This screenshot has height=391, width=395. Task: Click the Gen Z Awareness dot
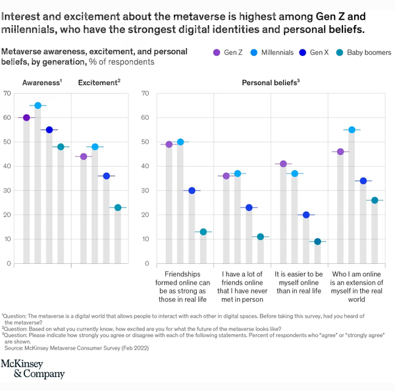coord(26,117)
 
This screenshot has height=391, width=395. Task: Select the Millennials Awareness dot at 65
coord(38,105)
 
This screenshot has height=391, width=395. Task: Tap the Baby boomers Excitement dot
coord(118,208)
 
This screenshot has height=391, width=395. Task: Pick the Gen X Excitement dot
coord(106,176)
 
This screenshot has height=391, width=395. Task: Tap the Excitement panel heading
coord(99,82)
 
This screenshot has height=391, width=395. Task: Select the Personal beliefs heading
coord(271,82)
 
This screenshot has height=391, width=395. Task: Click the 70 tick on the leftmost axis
coord(7,93)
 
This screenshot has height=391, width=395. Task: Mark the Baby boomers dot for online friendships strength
coord(203,232)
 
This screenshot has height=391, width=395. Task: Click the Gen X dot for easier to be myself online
coord(306,215)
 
